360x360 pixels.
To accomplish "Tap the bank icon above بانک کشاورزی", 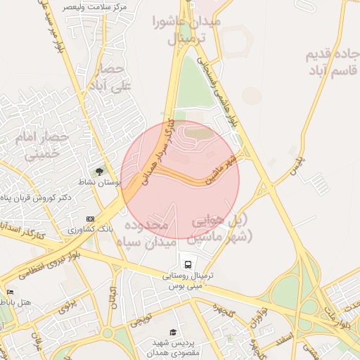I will [x=90, y=219].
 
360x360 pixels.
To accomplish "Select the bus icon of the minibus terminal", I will [x=188, y=264].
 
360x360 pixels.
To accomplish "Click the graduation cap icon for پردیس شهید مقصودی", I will [x=172, y=332].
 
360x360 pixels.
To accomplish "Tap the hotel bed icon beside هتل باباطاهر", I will [x=9, y=292].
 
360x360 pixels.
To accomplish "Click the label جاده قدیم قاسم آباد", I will [x=332, y=63].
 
